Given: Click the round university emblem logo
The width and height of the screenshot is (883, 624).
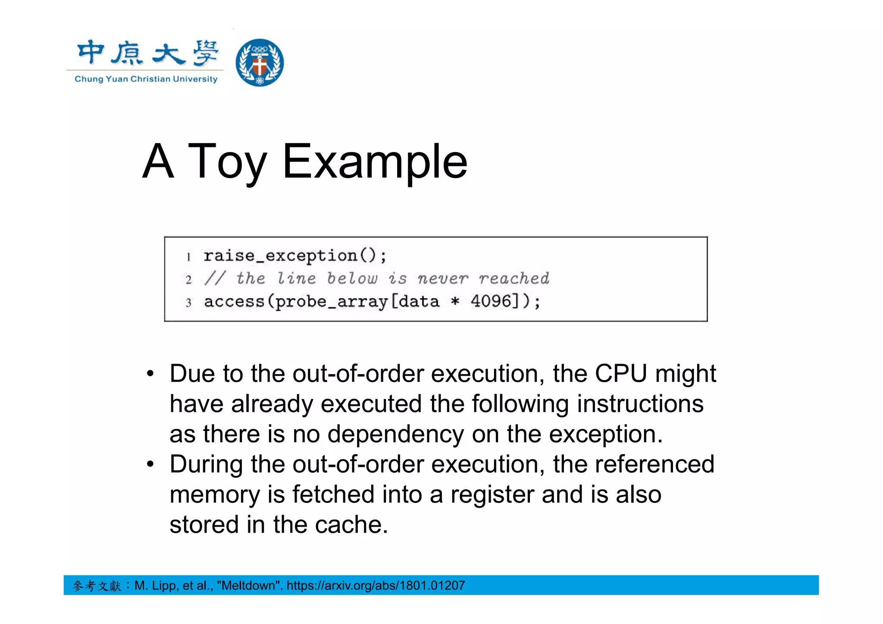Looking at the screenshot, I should click(260, 62).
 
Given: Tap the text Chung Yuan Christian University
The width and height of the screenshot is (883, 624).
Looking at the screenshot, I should click(146, 79).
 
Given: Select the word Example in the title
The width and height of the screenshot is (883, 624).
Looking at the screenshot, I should click(375, 162).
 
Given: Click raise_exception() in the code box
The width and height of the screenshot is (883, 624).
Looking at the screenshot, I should click(295, 256).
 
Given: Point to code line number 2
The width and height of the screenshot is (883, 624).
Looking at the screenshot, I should click(188, 280).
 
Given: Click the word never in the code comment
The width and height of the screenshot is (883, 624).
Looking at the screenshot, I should click(442, 278).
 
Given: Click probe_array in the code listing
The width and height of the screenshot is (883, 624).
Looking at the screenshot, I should click(332, 302).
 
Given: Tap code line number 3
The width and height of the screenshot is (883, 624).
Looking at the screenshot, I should click(188, 303).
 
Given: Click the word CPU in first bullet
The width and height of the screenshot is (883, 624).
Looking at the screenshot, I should click(621, 374).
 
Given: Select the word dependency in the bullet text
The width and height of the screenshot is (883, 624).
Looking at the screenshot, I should click(395, 434).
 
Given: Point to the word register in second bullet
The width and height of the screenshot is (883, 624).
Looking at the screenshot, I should click(492, 495).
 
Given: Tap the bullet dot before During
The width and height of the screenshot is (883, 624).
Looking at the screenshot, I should click(150, 465).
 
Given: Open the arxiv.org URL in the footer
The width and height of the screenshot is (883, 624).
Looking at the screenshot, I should click(376, 586).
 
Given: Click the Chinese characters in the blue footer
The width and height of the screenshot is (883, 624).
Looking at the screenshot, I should click(97, 586).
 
